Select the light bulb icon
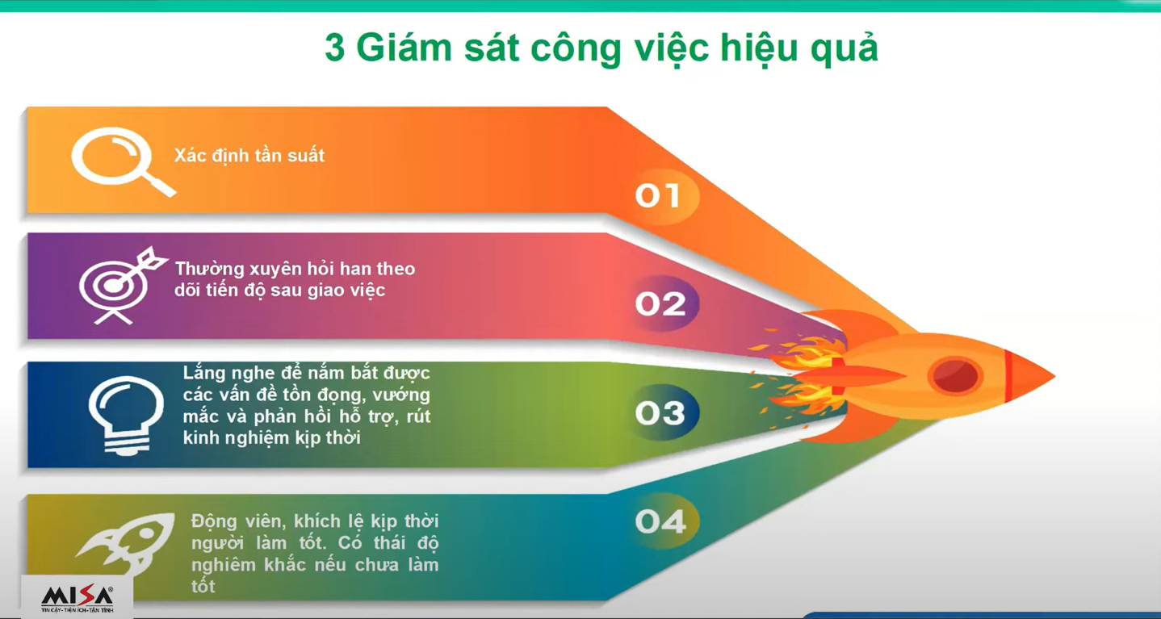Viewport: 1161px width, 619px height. [x=126, y=414]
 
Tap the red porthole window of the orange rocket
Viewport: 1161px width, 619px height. [x=955, y=375]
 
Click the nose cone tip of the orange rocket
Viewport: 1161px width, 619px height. [x=1054, y=376]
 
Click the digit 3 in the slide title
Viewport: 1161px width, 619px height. [x=335, y=48]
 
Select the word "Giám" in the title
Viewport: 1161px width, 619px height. [x=404, y=48]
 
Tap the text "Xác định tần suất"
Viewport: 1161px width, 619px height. [x=249, y=156]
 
